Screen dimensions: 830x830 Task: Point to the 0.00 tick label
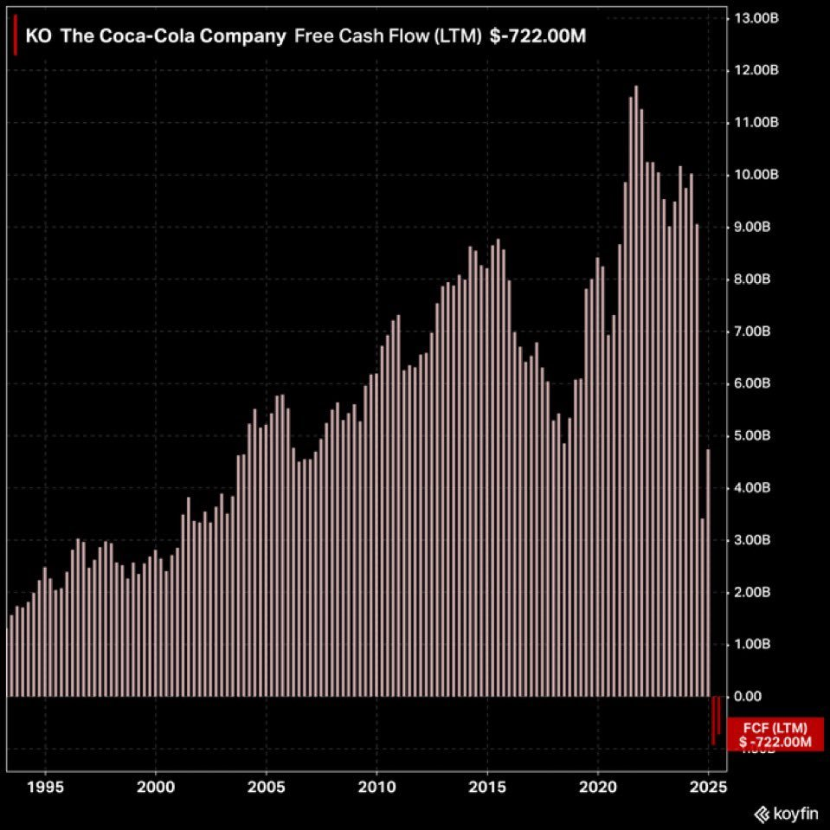tap(748, 697)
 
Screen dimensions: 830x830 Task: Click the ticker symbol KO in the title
tap(38, 37)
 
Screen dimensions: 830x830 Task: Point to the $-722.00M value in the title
tap(537, 37)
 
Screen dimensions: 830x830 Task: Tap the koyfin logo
tap(787, 814)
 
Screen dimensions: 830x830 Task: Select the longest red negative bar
tap(713, 720)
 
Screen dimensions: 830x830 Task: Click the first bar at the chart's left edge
tap(11, 655)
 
